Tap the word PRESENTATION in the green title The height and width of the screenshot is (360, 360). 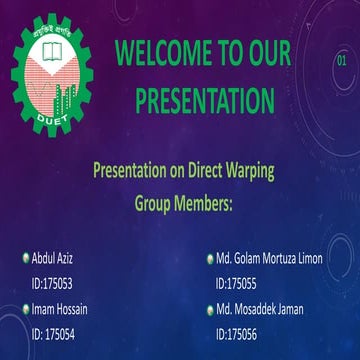tap(204, 100)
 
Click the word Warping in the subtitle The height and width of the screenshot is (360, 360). tap(246, 170)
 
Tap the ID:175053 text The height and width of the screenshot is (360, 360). tap(53, 283)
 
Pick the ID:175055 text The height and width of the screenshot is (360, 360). tap(236, 283)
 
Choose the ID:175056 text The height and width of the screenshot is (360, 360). tap(236, 334)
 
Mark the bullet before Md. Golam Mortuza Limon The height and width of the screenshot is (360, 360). tap(209, 259)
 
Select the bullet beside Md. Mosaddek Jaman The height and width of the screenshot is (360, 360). tap(209, 309)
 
